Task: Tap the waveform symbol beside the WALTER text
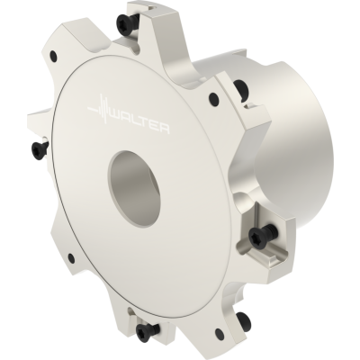pyautogui.click(x=99, y=108)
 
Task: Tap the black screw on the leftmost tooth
pyautogui.click(x=39, y=146)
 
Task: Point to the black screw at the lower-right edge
pyautogui.click(x=242, y=319)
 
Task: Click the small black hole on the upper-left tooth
pyautogui.click(x=54, y=55)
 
